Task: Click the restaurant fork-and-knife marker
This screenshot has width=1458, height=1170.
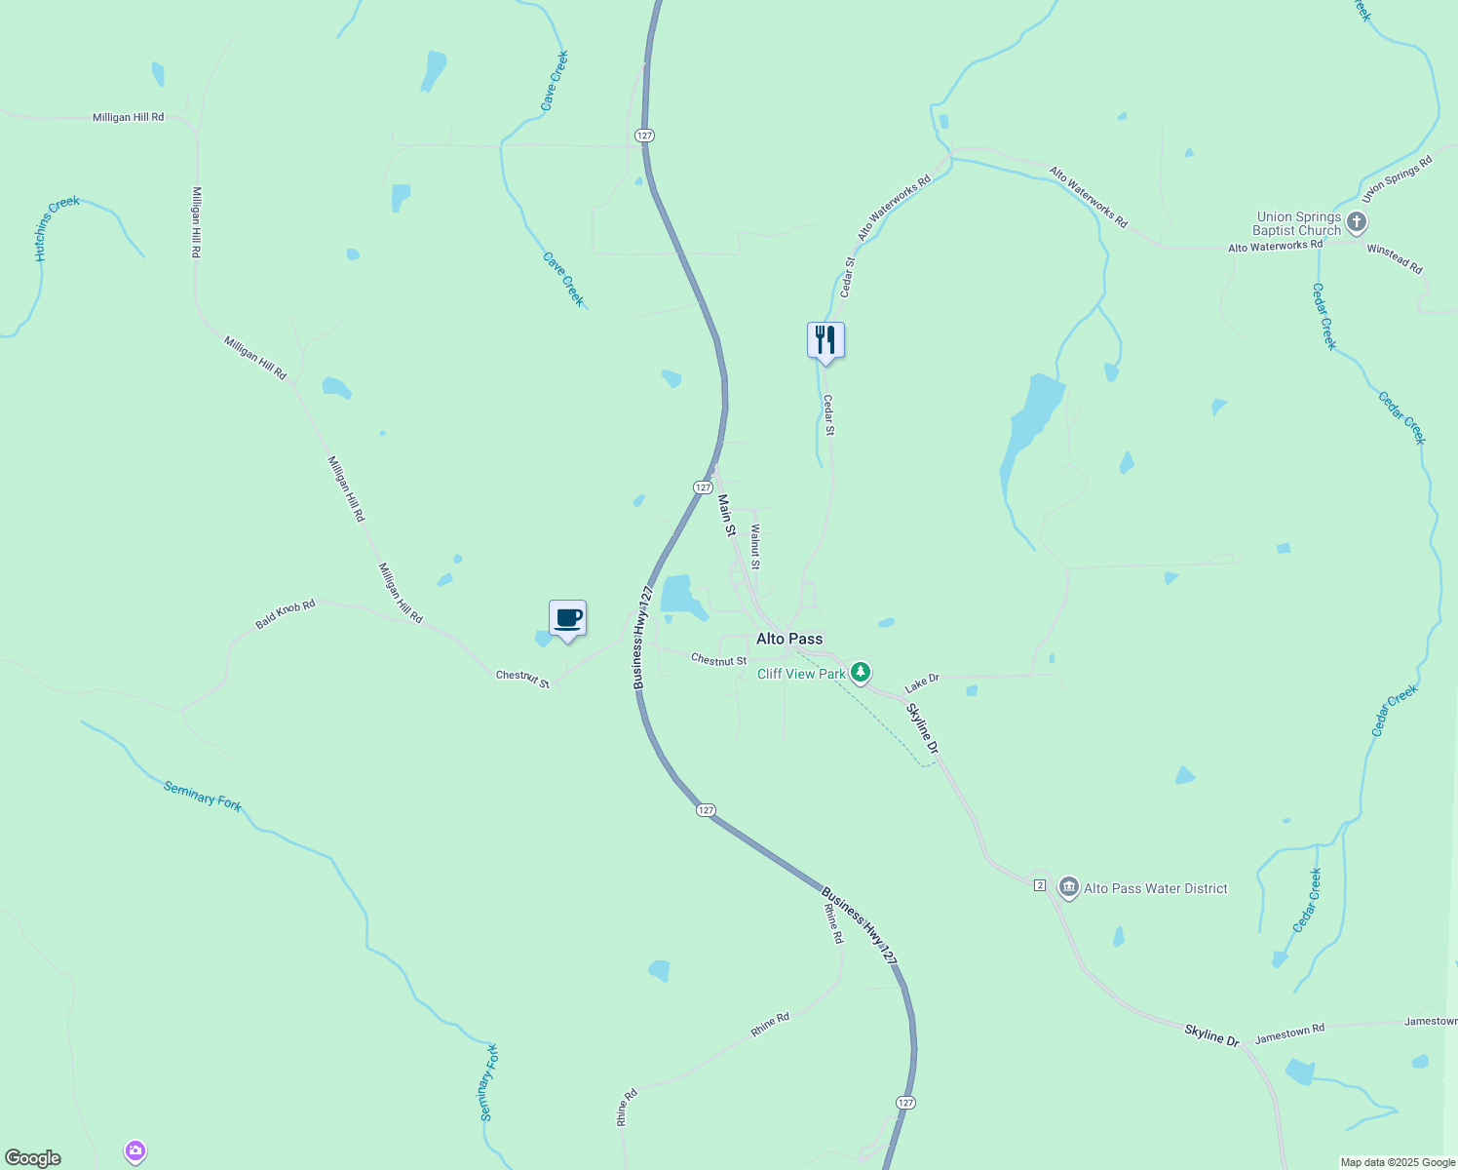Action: (x=825, y=340)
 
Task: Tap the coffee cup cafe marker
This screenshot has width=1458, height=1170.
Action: (x=567, y=618)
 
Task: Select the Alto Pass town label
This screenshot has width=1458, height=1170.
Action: (x=789, y=639)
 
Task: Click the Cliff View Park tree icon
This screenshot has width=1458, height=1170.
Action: (x=860, y=672)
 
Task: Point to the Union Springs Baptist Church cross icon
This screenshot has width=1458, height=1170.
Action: (x=1356, y=223)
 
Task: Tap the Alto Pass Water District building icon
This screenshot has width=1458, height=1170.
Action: (x=1068, y=887)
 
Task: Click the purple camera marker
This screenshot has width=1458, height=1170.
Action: (x=135, y=1151)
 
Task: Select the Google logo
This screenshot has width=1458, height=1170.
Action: (x=33, y=1158)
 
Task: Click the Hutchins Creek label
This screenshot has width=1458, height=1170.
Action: (x=57, y=228)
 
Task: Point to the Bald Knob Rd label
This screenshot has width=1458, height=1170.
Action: (x=286, y=613)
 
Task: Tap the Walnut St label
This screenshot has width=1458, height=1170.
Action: (x=755, y=547)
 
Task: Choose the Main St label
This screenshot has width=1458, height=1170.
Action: (x=727, y=515)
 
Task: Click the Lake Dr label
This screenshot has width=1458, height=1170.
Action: (x=921, y=682)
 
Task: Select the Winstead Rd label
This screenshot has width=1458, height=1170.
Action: (x=1394, y=258)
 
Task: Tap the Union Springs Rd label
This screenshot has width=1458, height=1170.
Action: (x=1397, y=178)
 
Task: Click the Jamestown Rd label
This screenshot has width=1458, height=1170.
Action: (x=1289, y=1033)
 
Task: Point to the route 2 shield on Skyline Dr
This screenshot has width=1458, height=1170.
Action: (x=1040, y=885)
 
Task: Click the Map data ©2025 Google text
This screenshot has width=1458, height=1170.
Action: (x=1398, y=1162)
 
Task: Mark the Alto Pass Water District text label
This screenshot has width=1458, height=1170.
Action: (x=1156, y=888)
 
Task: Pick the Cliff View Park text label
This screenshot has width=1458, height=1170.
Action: (x=801, y=674)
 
